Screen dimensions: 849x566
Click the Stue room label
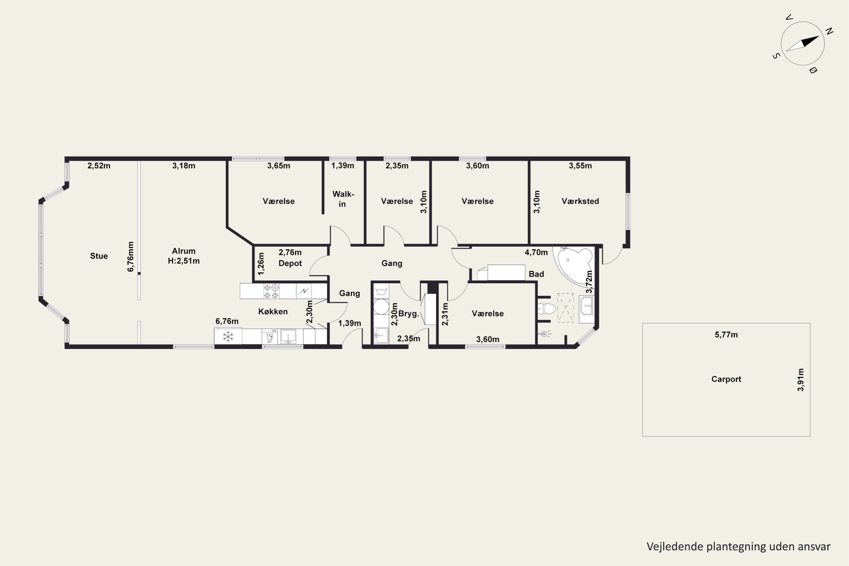[x=99, y=256]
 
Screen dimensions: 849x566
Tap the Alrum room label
[x=184, y=251]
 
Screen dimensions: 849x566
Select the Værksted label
[x=580, y=201]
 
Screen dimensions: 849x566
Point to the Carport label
[x=726, y=379]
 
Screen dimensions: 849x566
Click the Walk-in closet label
[x=343, y=199]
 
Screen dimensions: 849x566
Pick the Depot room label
[x=290, y=263]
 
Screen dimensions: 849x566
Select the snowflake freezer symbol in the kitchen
[x=228, y=337]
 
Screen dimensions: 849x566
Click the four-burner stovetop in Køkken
[x=271, y=291]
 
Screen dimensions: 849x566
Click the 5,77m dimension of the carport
[x=726, y=335]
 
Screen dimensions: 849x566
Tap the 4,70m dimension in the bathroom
[x=536, y=252]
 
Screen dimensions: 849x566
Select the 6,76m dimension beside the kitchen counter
[x=227, y=321]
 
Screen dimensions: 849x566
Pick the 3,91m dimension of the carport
[x=801, y=380]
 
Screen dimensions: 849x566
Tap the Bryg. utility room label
[x=409, y=314]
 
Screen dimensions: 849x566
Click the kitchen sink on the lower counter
[x=288, y=336]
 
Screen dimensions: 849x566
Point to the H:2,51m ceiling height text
[x=184, y=261]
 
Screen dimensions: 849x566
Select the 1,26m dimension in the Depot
[x=261, y=263]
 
